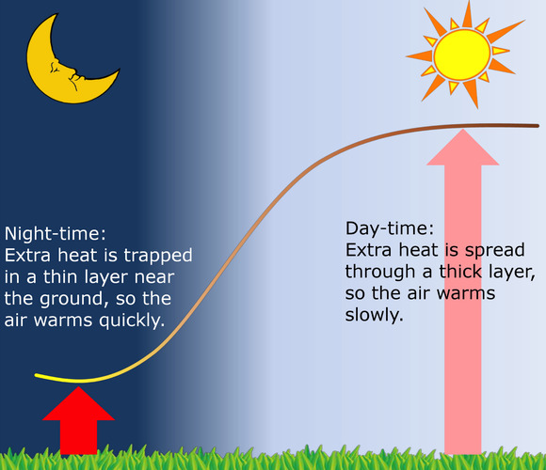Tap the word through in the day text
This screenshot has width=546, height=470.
(x=378, y=272)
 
